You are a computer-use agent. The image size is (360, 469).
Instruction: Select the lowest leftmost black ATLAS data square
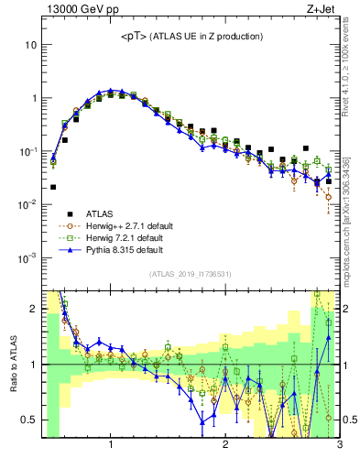[x=53, y=187]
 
